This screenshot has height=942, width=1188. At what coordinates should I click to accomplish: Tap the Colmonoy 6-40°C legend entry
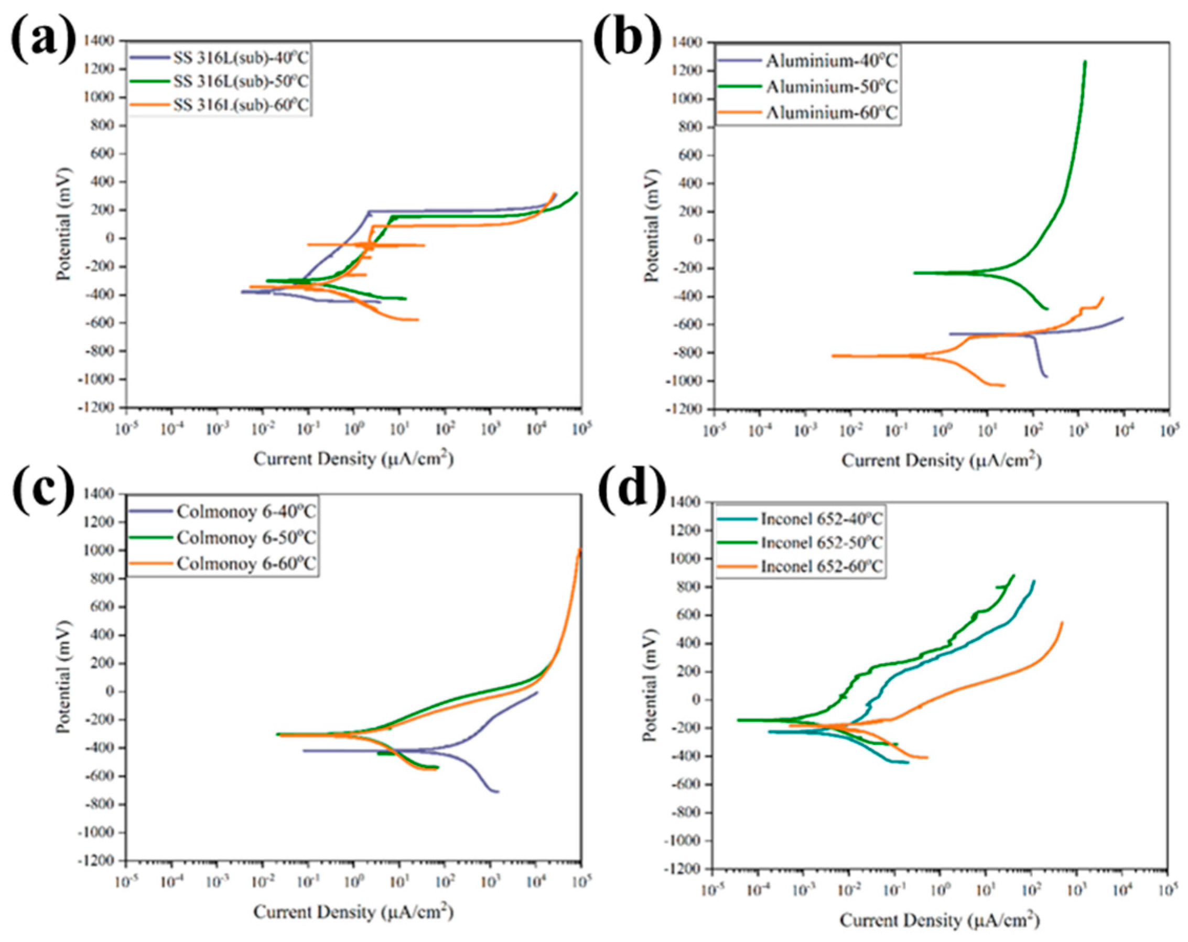pos(246,512)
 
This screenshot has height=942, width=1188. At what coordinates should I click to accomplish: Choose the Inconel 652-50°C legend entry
pos(822,543)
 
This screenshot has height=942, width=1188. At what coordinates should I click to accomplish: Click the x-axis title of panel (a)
pos(353,459)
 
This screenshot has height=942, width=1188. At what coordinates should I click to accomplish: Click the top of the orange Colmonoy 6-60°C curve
pos(580,549)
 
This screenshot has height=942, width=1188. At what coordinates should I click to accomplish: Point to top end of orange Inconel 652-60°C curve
pos(1061,622)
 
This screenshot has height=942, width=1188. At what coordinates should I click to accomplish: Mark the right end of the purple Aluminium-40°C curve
pos(1122,318)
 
